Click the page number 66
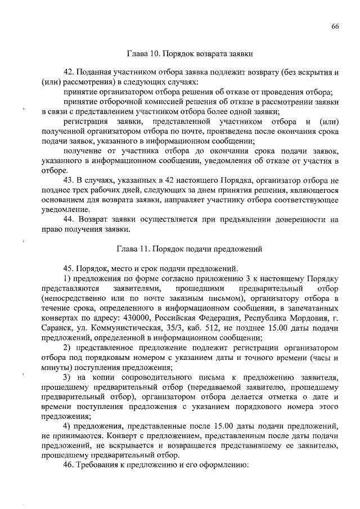click(x=335, y=26)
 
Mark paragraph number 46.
click(x=70, y=466)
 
